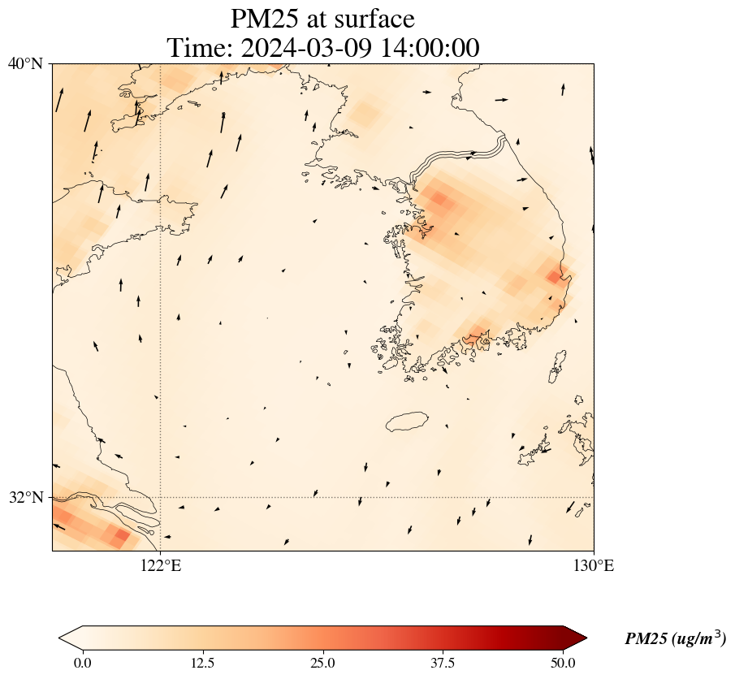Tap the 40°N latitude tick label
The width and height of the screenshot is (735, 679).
click(25, 63)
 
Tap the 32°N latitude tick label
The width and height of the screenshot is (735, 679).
click(25, 497)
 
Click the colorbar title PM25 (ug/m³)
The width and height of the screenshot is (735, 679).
click(675, 639)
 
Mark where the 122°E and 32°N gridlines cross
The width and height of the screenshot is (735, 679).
click(161, 497)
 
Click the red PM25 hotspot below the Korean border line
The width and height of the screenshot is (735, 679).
click(439, 198)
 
